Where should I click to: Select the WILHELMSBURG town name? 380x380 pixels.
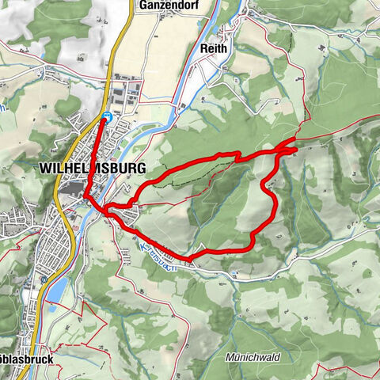pos(90,169)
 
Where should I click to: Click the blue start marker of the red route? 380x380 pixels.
pos(105,117)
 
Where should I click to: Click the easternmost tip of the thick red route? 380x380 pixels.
pos(297,146)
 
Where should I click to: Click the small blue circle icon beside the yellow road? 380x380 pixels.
pos(43,280)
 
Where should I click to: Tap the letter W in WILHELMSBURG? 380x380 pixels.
pos(43,169)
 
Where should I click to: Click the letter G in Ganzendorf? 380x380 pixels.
pos(140,6)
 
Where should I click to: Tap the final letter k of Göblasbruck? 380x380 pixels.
pos(51,359)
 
